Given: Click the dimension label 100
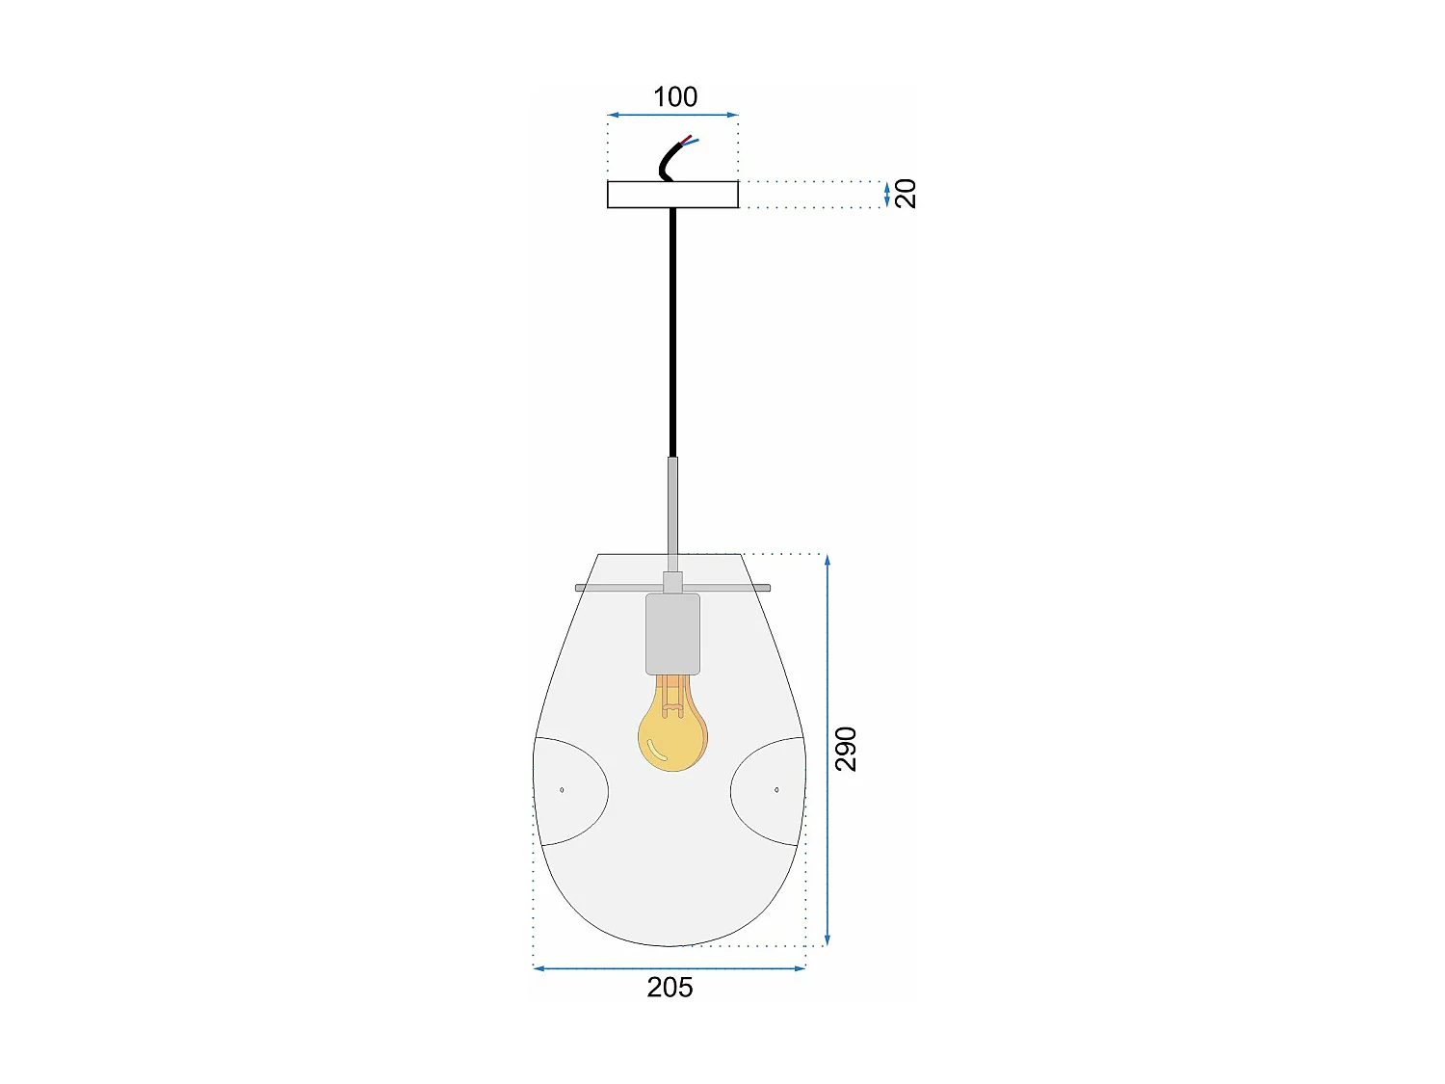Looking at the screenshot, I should pos(674,97).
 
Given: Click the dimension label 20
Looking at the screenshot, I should pos(906,194).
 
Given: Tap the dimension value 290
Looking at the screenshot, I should pos(845,749).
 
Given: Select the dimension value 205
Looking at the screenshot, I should pos(670,988).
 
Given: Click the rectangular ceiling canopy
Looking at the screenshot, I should pos(672,195).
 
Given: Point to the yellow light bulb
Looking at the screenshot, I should pos(672,734).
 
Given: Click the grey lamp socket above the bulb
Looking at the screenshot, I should pos(672,633).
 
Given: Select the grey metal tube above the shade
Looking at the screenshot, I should pos(672,511).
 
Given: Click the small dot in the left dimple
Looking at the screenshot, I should pos(562,790).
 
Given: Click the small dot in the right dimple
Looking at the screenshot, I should pos(776,790).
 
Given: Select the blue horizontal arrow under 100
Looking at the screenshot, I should pos(672,116).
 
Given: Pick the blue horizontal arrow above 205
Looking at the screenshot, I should pos(670,968).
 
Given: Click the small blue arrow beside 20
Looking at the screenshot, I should pos(886,195).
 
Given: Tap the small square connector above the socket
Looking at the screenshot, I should pos(672,583).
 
